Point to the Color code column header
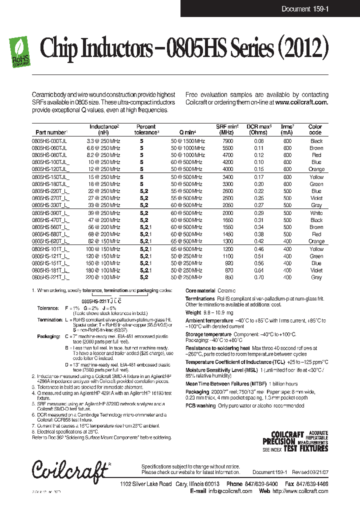tap(315, 129)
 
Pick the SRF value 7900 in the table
tap(227, 141)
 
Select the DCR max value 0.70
tap(258, 277)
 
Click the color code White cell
tap(316, 213)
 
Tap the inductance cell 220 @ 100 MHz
tap(103, 277)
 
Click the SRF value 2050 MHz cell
tap(227, 205)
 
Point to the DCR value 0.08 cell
tap(258, 141)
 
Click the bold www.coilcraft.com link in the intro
tap(301, 102)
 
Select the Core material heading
tap(200, 290)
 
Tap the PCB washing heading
tap(201, 405)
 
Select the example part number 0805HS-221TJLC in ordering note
tap(101, 302)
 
